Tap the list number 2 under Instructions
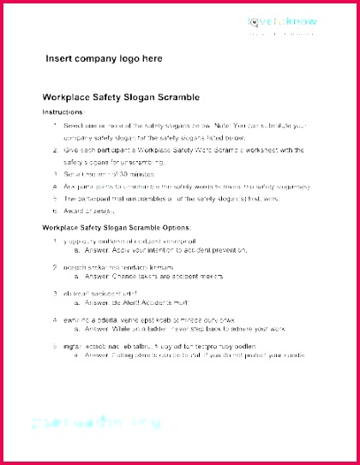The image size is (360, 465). (x=56, y=149)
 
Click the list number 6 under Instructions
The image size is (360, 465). (x=56, y=210)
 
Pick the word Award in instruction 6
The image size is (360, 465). (x=76, y=210)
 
